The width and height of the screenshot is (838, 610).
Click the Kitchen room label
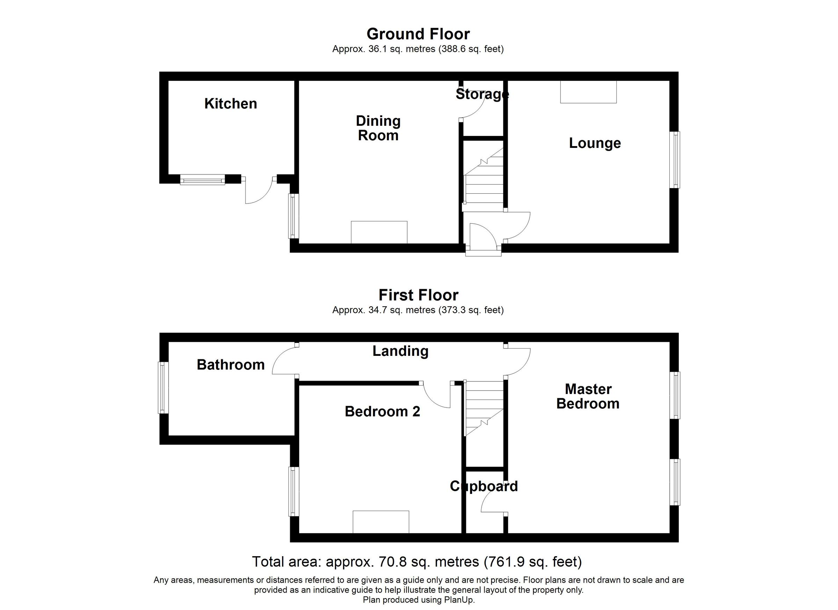pos(230,104)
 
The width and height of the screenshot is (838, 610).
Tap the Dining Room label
pos(378,128)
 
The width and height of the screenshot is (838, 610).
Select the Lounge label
pos(595,143)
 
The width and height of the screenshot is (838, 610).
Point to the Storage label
pos(482,94)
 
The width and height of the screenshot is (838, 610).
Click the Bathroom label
pos(230,365)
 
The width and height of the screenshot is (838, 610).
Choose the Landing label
pos(400,351)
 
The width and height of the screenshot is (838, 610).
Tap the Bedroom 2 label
pos(382,411)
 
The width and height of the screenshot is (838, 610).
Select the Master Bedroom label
pos(588,396)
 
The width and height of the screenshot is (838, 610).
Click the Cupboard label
pos(484,486)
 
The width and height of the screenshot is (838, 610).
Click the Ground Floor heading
pos(418,34)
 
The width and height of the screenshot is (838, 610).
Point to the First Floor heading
pos(418,295)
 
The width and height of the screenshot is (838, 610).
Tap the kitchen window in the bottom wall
pos(203,180)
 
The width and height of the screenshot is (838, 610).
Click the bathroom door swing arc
pos(283,361)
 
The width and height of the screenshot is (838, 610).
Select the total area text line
pos(417,561)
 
